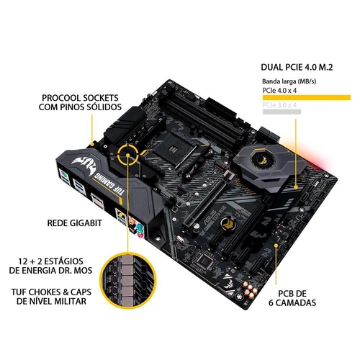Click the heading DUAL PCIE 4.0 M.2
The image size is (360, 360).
tap(301, 68)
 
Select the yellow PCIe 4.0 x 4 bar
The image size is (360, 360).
tap(305, 94)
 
